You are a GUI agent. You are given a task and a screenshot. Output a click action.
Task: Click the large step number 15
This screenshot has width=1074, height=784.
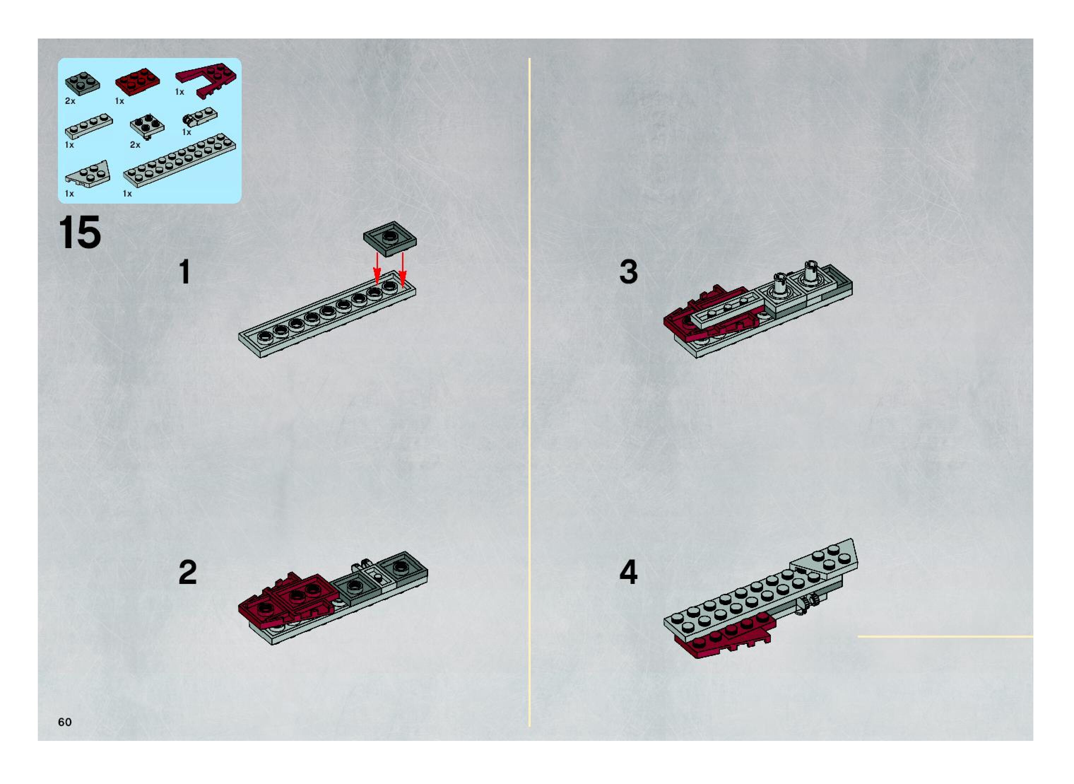[80, 232]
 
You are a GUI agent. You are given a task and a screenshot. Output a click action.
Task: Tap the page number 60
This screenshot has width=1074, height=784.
[65, 722]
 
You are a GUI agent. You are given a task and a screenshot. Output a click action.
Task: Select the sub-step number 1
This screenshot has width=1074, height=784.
[184, 272]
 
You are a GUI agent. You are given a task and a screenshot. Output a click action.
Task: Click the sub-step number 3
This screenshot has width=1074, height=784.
[629, 272]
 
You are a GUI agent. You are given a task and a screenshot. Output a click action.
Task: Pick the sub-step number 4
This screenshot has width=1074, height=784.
[629, 572]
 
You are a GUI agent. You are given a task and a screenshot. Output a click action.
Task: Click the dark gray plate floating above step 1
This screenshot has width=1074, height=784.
[390, 239]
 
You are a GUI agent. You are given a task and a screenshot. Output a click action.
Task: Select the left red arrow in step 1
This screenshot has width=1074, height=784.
[377, 268]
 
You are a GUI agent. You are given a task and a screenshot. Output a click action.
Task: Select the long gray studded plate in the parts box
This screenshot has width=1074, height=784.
[180, 160]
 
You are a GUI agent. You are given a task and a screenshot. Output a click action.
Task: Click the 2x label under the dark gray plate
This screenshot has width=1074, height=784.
[70, 101]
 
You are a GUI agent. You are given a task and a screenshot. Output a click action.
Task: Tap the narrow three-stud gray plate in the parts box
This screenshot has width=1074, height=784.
[89, 126]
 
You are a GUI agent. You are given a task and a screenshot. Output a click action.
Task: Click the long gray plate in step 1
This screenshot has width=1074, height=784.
[327, 314]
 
